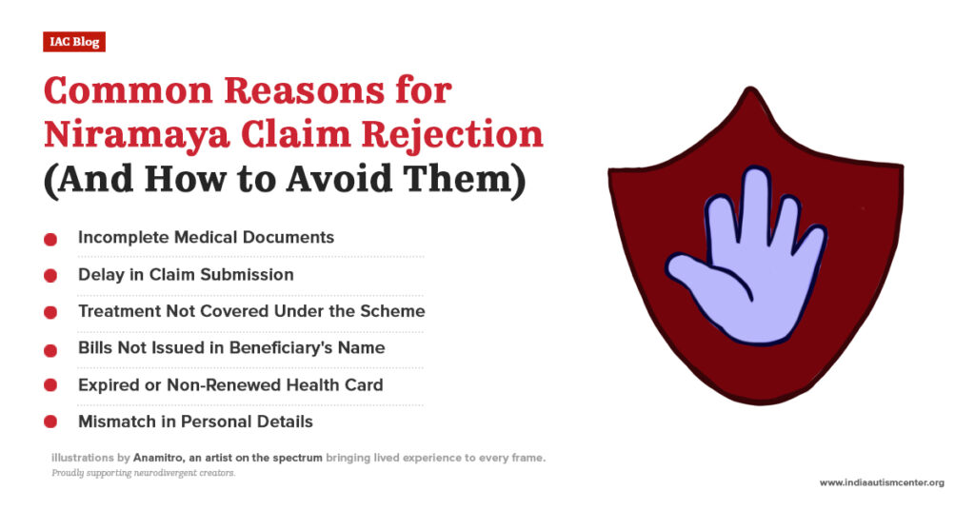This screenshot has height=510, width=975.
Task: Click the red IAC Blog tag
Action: coord(73,42)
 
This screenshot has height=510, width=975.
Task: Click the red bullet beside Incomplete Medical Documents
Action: coord(50,239)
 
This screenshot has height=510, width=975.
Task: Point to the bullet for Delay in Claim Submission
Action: coord(50,276)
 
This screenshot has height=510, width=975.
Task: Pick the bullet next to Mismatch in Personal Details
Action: coord(50,422)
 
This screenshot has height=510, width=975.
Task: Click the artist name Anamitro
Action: coord(161,459)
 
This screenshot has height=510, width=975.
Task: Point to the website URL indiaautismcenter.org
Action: coord(882,482)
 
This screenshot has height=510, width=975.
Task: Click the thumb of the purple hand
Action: coord(687,277)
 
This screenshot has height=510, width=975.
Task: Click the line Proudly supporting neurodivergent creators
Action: coord(144,473)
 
